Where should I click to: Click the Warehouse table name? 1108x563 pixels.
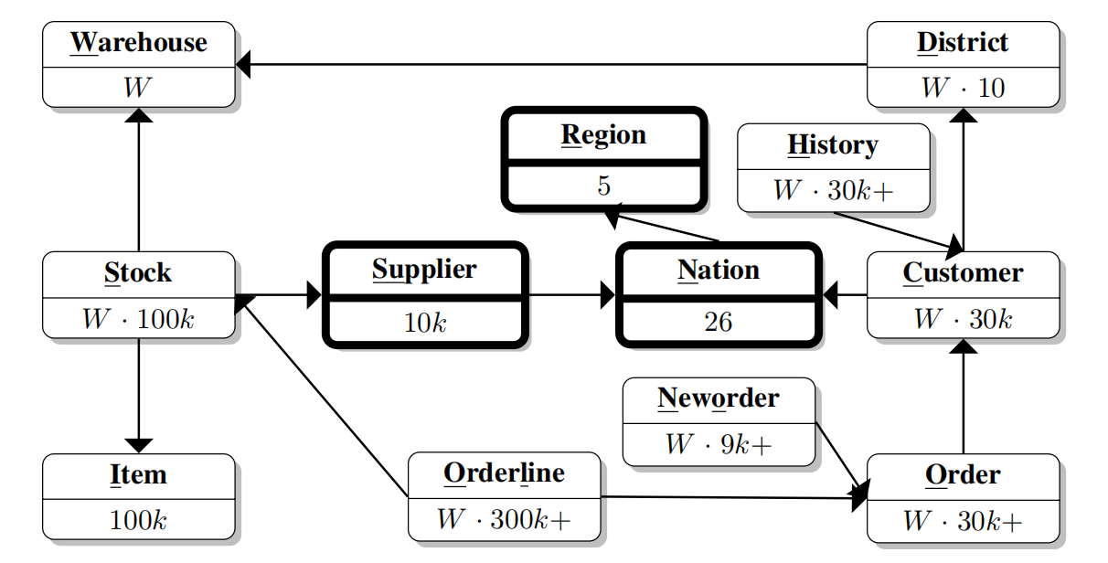pyautogui.click(x=139, y=43)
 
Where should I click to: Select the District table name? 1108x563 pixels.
pyautogui.click(x=963, y=43)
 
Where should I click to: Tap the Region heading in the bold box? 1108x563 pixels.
pyautogui.click(x=603, y=135)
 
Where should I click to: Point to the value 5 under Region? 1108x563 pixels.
pyautogui.click(x=603, y=186)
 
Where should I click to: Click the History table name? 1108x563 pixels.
pyautogui.click(x=833, y=145)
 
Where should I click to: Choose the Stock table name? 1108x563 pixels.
pyautogui.click(x=138, y=273)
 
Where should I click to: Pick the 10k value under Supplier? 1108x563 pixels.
pyautogui.click(x=425, y=322)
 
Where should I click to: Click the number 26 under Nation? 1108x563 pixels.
pyautogui.click(x=718, y=322)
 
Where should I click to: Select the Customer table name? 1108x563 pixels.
pyautogui.click(x=963, y=273)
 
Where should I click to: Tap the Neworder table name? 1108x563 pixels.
pyautogui.click(x=719, y=398)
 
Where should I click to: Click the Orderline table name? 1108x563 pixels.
pyautogui.click(x=504, y=473)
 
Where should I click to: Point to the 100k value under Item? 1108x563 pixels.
pyautogui.click(x=138, y=521)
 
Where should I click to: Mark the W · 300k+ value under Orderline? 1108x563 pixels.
pyautogui.click(x=504, y=520)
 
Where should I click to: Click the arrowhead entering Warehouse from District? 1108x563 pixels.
pyautogui.click(x=243, y=64)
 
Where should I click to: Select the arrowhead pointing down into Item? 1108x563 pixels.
pyautogui.click(x=138, y=445)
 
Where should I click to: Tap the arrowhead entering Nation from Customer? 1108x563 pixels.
pyautogui.click(x=830, y=294)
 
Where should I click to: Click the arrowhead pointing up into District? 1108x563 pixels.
pyautogui.click(x=964, y=115)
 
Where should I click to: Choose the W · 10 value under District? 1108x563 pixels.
pyautogui.click(x=963, y=89)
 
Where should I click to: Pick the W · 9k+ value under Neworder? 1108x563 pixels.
pyautogui.click(x=719, y=445)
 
